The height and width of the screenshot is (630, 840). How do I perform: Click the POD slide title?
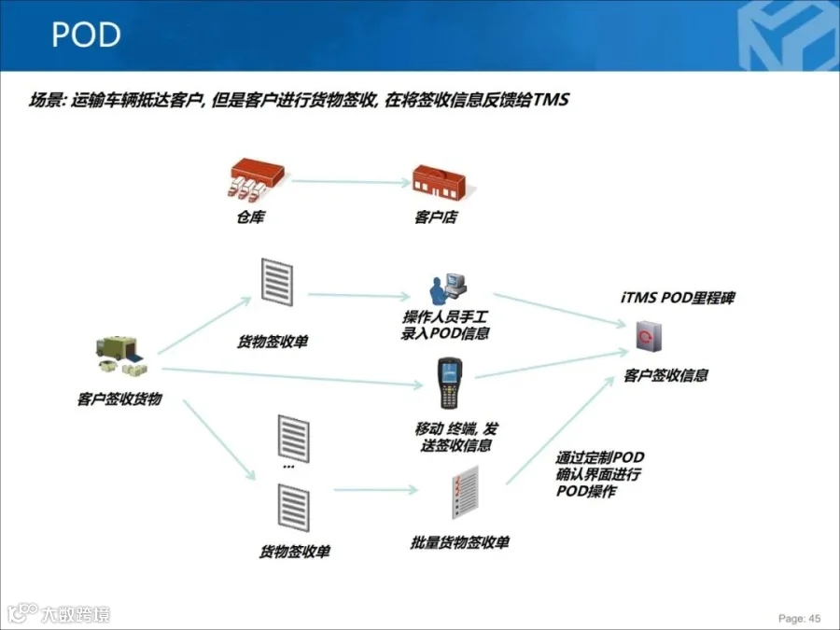coord(86,35)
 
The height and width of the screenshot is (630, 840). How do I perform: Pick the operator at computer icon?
coord(445,291)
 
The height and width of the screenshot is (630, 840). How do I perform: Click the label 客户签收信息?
coord(665,375)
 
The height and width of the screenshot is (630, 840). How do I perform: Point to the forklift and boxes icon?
coord(118,356)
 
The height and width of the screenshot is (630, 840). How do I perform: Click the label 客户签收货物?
coord(119,399)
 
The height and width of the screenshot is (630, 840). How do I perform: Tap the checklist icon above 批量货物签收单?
coord(463,495)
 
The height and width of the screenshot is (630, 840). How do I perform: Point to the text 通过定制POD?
coord(599,457)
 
